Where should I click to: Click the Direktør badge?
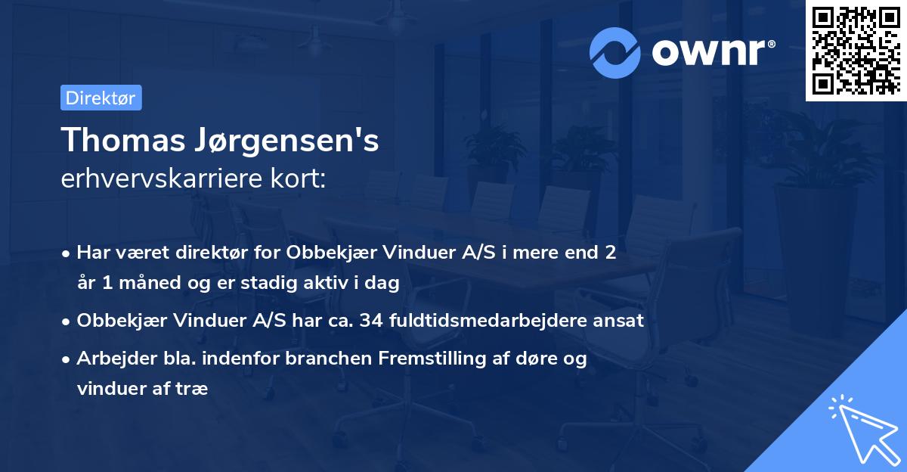[101, 98]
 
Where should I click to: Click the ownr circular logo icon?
[615, 52]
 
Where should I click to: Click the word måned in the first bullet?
[150, 283]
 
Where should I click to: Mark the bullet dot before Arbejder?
[67, 359]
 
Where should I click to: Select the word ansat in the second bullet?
[621, 321]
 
